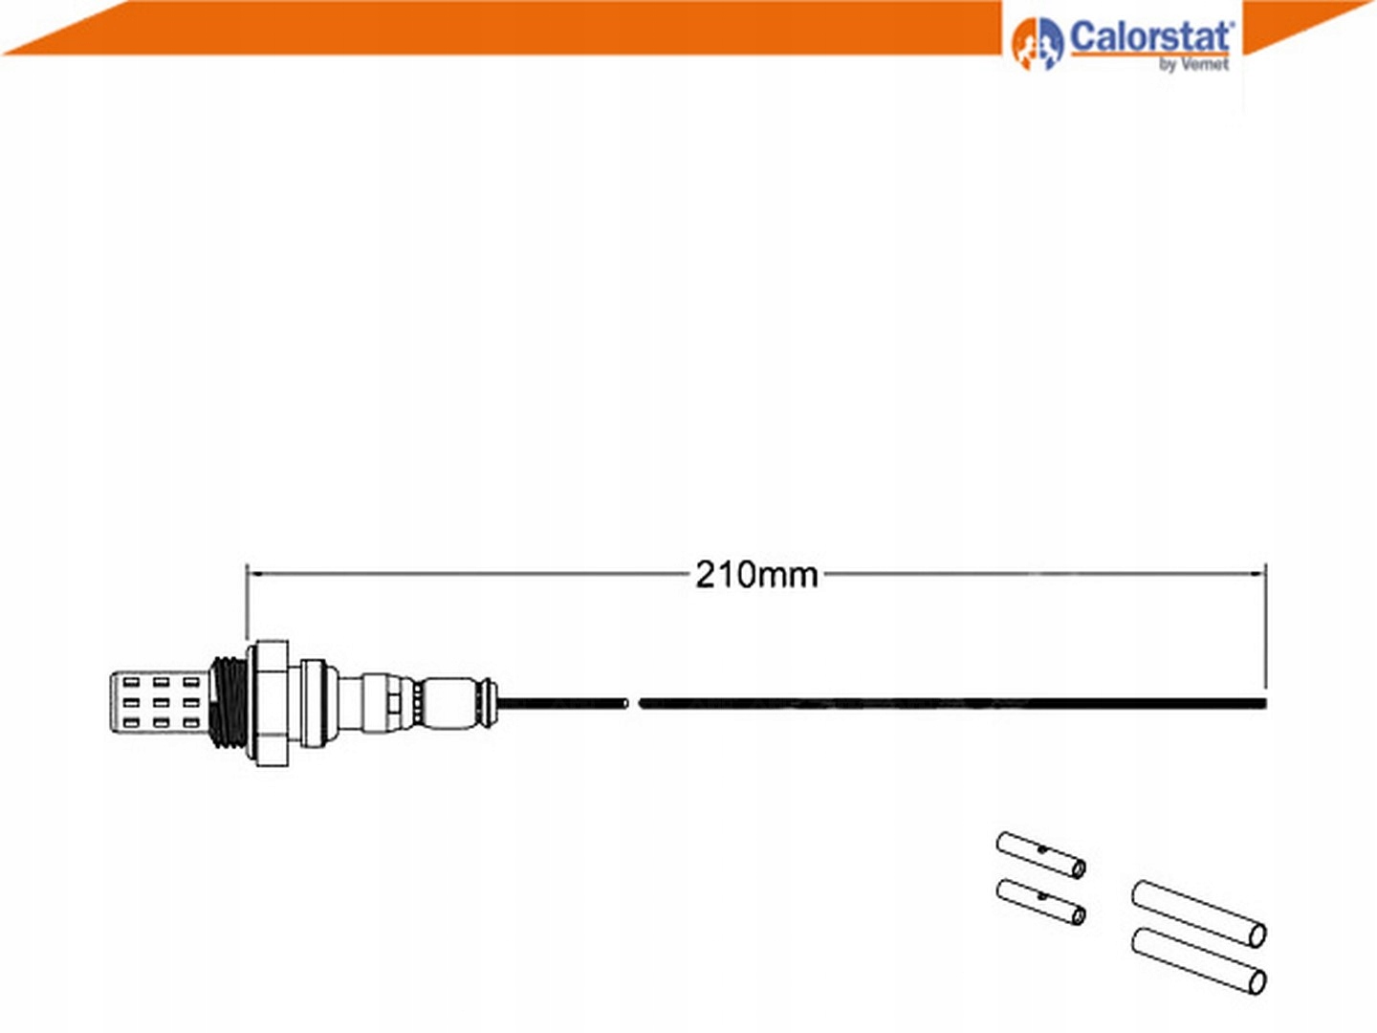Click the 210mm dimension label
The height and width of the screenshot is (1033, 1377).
point(756,575)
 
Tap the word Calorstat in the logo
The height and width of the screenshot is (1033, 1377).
point(1151,37)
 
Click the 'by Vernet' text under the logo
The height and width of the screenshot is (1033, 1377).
point(1193,65)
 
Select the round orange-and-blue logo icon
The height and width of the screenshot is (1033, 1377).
point(1037,43)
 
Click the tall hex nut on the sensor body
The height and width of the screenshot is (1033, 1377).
point(273,703)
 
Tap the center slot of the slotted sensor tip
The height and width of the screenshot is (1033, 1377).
point(161,703)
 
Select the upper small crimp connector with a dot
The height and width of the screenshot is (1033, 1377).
point(1041,855)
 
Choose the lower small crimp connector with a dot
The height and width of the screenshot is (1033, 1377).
point(1041,902)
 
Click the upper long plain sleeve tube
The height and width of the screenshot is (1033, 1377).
point(1199,913)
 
